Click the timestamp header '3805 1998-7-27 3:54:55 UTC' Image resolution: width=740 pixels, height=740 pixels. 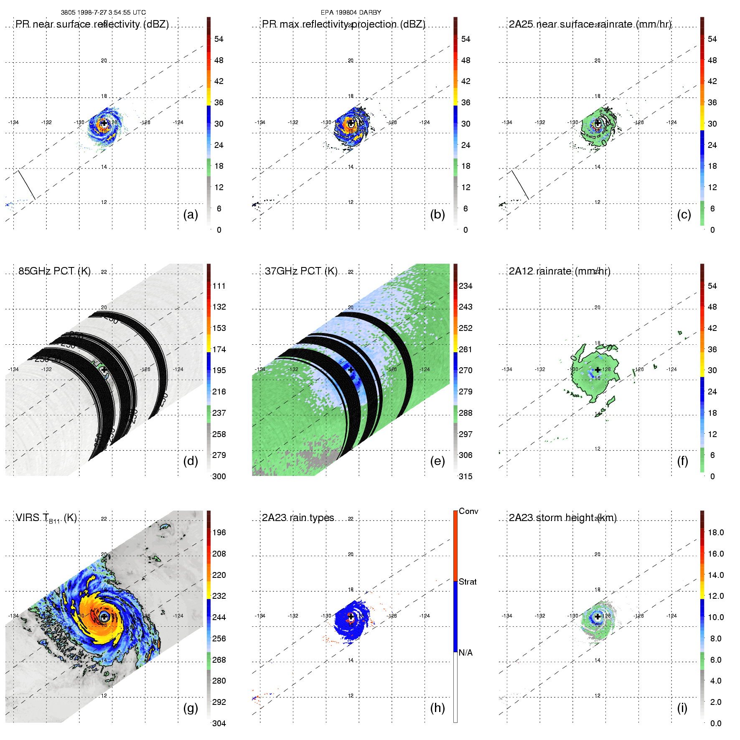point(103,13)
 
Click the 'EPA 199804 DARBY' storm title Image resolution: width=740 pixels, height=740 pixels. point(351,13)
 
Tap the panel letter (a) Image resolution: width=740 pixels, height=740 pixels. point(191,214)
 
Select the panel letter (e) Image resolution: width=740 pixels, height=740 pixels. point(437,461)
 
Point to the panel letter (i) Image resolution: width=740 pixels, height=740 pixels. point(682,708)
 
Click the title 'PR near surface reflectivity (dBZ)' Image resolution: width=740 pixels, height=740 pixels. point(92,24)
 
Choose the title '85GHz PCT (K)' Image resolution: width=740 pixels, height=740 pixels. point(54,271)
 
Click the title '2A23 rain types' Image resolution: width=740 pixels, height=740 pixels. point(298,518)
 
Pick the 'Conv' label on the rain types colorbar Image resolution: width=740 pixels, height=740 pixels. point(468,511)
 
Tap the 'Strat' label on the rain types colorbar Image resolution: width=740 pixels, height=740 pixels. point(468,582)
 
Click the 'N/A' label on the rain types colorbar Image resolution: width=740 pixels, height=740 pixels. point(465,653)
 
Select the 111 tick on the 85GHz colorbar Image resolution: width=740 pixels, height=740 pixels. point(219,286)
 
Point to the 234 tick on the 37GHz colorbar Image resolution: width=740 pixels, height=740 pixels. point(465,286)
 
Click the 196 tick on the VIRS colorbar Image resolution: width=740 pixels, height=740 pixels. point(219,533)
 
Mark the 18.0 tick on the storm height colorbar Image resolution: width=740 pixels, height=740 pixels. point(716,533)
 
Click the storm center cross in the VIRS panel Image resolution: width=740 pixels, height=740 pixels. point(104,617)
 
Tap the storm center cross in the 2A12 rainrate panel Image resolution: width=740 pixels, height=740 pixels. point(598,370)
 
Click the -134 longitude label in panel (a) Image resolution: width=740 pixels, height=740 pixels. point(13,122)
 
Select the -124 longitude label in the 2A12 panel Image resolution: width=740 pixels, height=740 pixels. point(671,369)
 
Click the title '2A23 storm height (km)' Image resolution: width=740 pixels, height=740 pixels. point(562,518)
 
